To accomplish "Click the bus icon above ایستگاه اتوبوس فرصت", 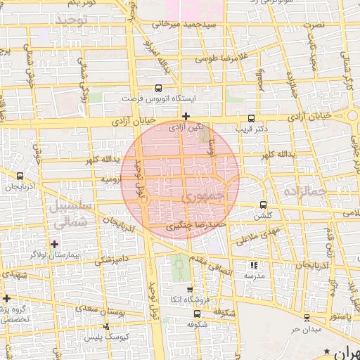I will tap(157, 89).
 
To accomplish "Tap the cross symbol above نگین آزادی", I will tap(186, 116).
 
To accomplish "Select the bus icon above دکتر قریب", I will tap(252, 119).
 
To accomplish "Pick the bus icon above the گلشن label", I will tap(264, 205).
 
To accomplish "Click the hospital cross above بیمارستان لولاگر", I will tap(55, 243).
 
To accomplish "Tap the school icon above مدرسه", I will tap(254, 265).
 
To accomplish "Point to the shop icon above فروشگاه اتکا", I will tap(189, 289).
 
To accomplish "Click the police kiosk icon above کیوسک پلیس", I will tap(106, 326).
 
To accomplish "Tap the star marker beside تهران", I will tap(327, 351).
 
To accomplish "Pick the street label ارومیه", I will tap(112, 180).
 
